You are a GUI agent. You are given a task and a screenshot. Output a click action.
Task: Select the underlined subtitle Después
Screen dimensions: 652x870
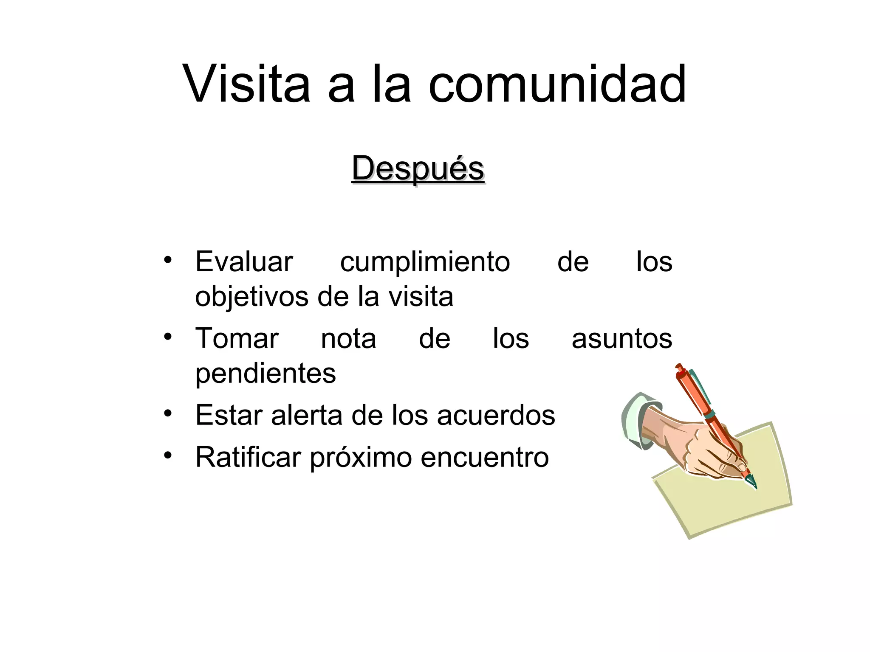418,169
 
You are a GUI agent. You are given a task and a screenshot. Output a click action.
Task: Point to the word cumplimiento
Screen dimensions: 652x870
425,262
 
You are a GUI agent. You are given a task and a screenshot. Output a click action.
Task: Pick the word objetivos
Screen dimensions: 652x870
252,297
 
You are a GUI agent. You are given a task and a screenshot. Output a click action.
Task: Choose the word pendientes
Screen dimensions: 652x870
266,374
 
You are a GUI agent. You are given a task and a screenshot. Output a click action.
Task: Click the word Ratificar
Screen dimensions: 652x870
248,457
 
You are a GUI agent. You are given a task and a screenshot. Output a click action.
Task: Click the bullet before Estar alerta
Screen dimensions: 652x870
168,413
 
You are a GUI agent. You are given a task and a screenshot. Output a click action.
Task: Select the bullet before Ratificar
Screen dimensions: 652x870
168,455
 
